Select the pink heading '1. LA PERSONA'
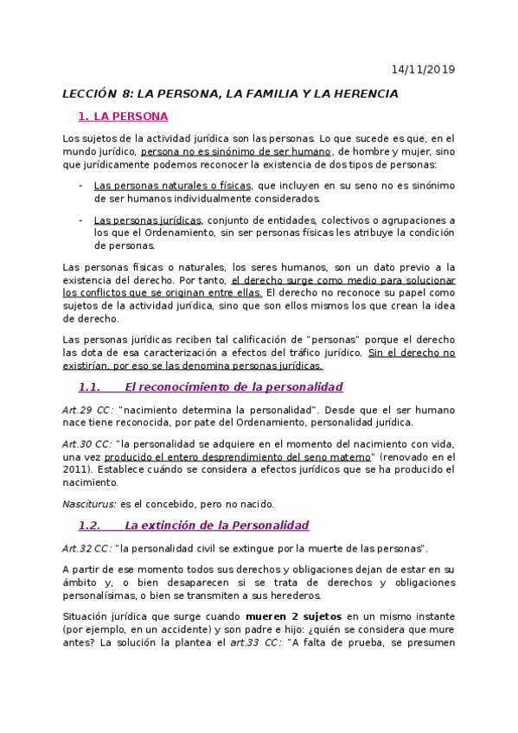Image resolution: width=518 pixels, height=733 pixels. click(123, 116)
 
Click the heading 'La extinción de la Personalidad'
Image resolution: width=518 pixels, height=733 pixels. click(216, 525)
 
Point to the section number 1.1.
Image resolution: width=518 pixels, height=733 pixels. click(90, 386)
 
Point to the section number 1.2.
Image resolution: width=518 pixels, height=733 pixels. click(90, 525)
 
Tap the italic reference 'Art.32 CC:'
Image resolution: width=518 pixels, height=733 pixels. click(87, 548)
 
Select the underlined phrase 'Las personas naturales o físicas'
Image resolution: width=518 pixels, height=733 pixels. click(173, 185)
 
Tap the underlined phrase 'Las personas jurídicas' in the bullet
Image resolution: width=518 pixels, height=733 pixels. click(148, 220)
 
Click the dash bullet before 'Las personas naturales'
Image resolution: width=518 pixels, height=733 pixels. click(80, 185)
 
